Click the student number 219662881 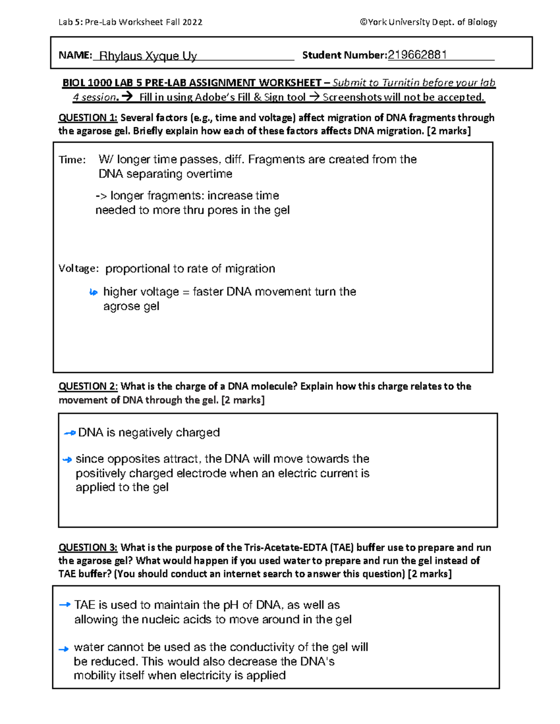point(417,55)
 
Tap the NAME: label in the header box point(75,55)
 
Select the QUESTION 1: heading point(88,117)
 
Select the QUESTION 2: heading point(88,386)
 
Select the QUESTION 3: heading point(88,547)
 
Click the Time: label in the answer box point(72,160)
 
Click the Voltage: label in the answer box point(78,269)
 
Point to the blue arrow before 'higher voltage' point(93,292)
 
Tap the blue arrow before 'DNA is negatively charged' point(70,433)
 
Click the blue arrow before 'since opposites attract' point(67,460)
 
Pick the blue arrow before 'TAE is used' point(65,605)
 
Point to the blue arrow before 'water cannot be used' point(63,648)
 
